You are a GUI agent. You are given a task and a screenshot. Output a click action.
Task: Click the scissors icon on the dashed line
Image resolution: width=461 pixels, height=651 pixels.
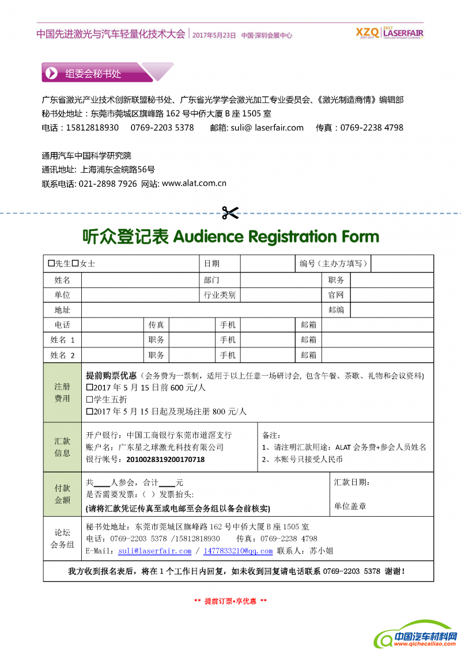point(230,213)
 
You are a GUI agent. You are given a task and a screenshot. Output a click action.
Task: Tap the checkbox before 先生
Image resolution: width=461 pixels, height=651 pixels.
point(51,263)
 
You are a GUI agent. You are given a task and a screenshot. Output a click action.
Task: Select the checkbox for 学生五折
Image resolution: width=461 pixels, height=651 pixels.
point(89,399)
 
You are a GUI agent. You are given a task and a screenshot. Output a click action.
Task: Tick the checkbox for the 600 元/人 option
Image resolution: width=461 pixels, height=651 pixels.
point(89,388)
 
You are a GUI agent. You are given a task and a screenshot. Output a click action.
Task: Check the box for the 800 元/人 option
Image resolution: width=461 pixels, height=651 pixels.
point(89,411)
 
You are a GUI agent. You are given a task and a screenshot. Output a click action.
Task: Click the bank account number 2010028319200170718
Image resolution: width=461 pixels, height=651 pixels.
point(165,459)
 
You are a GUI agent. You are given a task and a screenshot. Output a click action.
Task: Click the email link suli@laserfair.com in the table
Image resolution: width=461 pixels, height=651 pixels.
point(154,551)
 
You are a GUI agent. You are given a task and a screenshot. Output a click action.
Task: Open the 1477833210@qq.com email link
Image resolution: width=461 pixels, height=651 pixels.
point(238,551)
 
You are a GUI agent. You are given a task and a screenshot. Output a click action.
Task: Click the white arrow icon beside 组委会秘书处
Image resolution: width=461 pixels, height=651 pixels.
point(52,73)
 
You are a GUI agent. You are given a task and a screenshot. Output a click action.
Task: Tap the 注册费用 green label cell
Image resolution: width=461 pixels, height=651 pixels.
point(62,392)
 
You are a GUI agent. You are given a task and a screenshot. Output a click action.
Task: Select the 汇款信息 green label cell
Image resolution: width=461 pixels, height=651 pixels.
point(62,447)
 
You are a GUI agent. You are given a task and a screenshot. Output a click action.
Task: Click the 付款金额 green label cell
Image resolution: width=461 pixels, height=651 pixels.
point(62,494)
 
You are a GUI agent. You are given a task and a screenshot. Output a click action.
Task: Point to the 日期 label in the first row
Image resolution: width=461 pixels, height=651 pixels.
point(211,264)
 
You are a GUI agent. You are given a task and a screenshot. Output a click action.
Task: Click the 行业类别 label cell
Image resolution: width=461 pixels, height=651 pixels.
point(220,295)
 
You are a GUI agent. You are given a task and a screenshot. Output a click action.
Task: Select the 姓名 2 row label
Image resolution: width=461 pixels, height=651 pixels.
point(62,355)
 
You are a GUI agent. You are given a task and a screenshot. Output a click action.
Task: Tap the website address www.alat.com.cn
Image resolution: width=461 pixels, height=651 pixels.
point(194,184)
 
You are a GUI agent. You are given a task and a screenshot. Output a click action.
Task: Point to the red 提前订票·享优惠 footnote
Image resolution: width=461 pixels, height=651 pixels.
point(231,601)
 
